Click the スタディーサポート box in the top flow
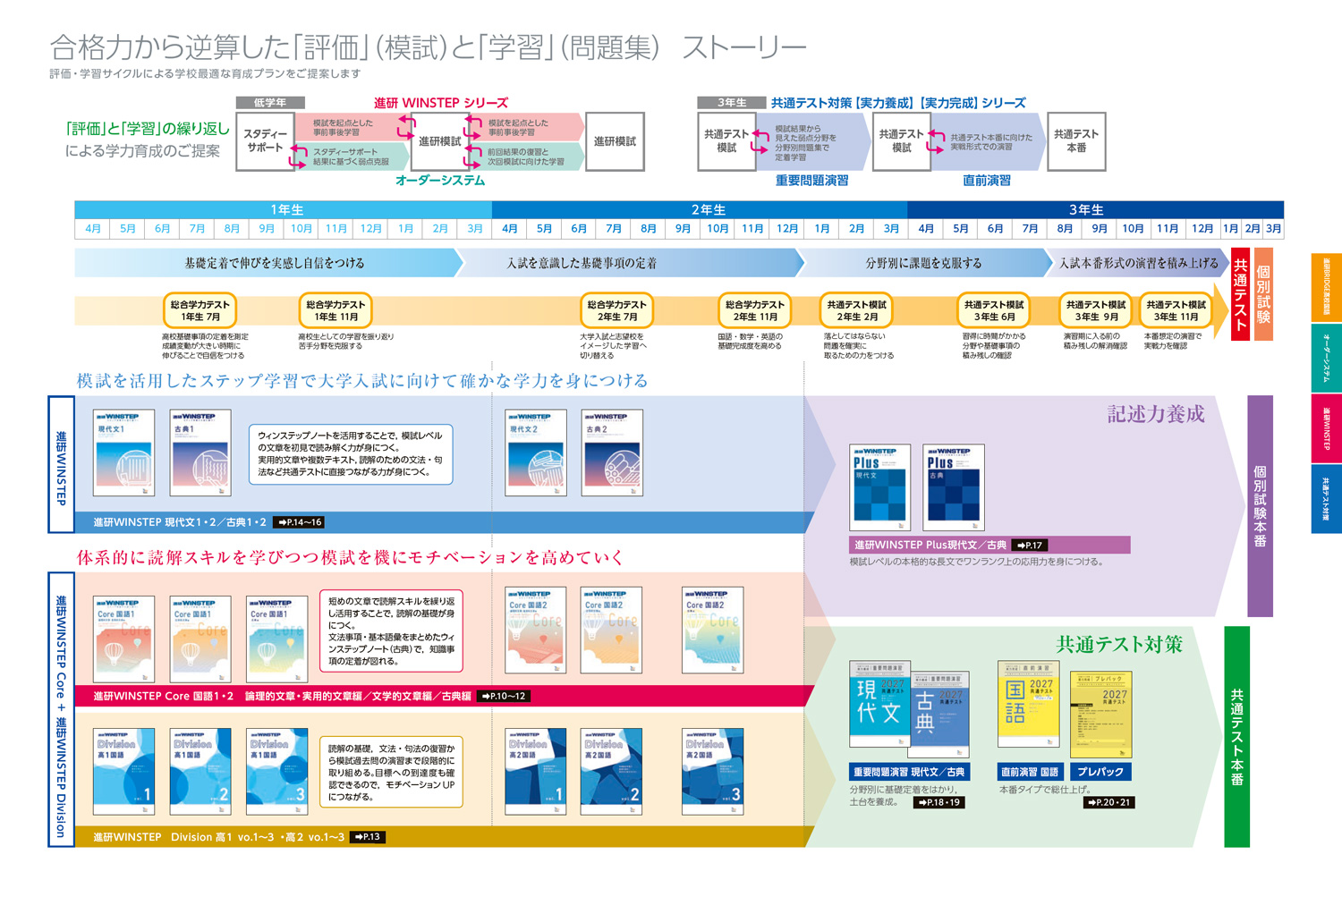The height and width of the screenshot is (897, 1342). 265,140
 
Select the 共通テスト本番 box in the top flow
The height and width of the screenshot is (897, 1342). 1076,140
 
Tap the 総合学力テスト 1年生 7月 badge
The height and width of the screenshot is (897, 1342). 200,310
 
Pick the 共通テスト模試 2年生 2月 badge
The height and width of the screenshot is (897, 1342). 856,310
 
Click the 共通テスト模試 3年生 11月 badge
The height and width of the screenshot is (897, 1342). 1176,310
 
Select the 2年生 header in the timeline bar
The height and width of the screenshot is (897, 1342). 708,209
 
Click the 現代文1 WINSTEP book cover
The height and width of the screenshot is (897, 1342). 123,452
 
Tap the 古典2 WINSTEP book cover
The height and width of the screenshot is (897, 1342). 612,452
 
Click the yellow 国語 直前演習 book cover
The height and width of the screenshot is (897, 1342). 1028,703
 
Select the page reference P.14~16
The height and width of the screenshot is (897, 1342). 299,522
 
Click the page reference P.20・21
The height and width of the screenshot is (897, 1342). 1109,802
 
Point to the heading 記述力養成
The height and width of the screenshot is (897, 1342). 1156,414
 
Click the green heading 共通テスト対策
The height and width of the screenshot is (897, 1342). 1119,644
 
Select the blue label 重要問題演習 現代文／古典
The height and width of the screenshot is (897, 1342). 909,772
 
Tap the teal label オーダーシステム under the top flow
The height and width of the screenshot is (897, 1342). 440,181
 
